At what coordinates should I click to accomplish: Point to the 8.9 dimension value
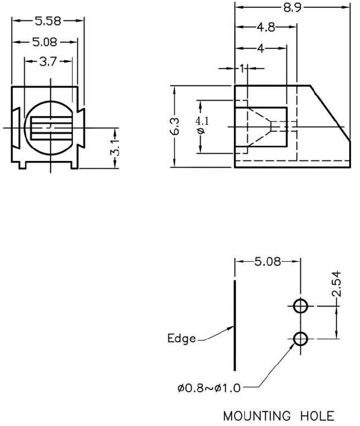click(x=290, y=7)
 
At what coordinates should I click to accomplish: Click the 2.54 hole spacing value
click(x=336, y=284)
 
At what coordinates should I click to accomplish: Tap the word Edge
click(x=181, y=339)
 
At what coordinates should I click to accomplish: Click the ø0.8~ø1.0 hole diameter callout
click(x=208, y=388)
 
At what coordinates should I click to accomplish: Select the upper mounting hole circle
click(x=301, y=306)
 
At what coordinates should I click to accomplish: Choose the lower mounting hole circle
click(x=301, y=339)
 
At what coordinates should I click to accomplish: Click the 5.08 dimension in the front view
click(x=48, y=42)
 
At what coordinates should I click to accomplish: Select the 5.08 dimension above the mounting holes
click(x=272, y=262)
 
